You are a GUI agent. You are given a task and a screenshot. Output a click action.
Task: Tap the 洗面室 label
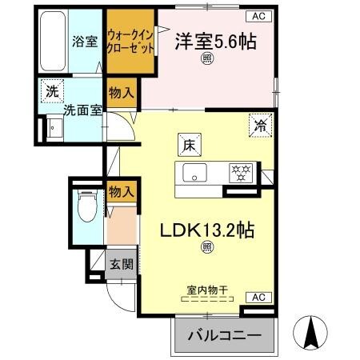click(82, 110)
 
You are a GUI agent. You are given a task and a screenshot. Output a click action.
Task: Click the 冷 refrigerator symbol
click(260, 124)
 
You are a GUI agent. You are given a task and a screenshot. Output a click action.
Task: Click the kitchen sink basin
click(195, 172)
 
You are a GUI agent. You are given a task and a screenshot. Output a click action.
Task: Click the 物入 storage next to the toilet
click(121, 191)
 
